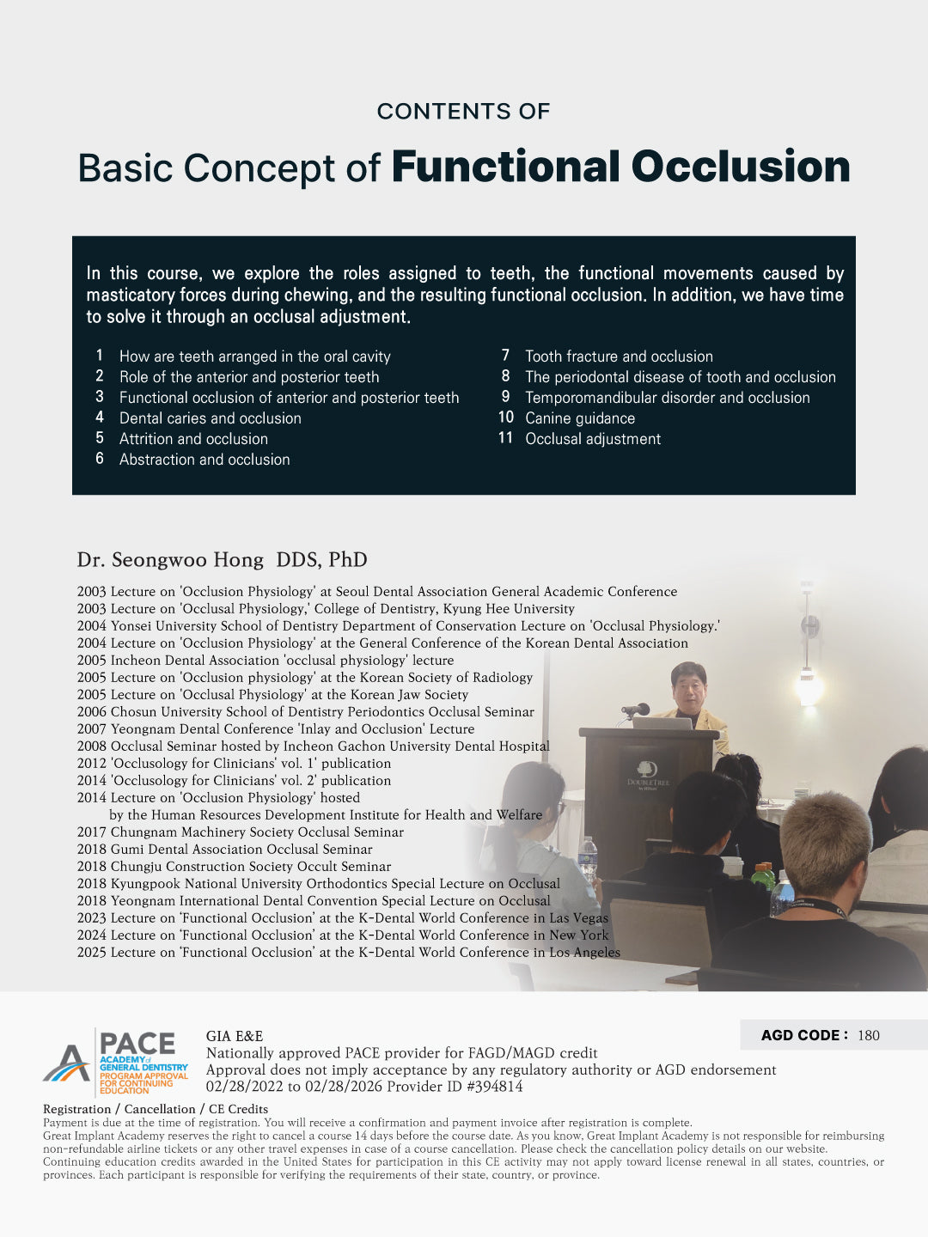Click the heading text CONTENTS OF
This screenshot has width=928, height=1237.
(463, 112)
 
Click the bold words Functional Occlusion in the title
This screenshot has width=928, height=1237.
(620, 167)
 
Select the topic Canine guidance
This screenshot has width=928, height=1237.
(580, 418)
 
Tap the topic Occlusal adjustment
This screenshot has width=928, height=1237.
(593, 439)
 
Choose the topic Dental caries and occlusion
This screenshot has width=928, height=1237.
(211, 418)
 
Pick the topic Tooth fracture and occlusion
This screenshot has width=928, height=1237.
(619, 356)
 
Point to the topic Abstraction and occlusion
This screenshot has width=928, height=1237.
(205, 460)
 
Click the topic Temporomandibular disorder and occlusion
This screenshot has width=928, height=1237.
(668, 398)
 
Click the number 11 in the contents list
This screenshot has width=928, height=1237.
(505, 438)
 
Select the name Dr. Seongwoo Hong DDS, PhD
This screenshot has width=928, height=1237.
(222, 560)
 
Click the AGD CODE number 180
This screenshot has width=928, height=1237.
(869, 1035)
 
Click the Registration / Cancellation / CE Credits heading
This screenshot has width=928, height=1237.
(156, 1109)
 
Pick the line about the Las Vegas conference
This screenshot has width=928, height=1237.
(342, 917)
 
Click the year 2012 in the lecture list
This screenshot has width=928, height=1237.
(91, 763)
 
